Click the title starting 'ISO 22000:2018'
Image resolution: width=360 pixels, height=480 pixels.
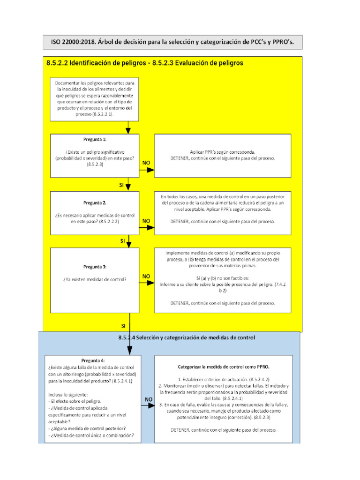tap(172, 42)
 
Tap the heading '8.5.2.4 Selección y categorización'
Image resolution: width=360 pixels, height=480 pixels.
tap(186, 337)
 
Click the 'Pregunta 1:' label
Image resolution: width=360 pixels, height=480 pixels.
tap(95, 139)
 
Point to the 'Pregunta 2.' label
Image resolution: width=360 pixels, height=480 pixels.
tap(95, 203)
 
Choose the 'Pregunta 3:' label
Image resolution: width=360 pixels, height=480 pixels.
tap(95, 267)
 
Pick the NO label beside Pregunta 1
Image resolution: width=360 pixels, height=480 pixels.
tap(146, 163)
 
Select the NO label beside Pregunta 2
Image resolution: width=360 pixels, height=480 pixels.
tap(146, 220)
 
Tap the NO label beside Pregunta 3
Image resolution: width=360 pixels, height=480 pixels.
tap(146, 277)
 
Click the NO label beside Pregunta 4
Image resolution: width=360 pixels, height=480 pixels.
tap(148, 400)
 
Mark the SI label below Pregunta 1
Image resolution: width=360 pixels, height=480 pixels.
tap(121, 186)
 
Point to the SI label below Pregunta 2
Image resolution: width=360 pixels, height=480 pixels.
tap(122, 241)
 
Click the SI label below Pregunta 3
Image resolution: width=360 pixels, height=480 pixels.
tap(123, 325)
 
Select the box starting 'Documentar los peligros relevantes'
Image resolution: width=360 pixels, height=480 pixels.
tap(94, 98)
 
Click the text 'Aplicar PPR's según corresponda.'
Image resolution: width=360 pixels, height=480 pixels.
tap(223, 152)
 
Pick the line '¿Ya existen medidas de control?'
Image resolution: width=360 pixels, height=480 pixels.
tap(95, 280)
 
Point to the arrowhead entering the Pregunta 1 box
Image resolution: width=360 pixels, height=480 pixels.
tap(128, 131)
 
